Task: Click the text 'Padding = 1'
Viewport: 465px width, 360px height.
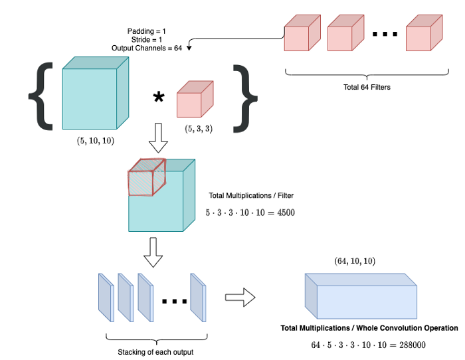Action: click(x=147, y=31)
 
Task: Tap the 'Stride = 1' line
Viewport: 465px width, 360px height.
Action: click(x=147, y=39)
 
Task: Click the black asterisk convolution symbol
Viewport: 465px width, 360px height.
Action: click(x=158, y=98)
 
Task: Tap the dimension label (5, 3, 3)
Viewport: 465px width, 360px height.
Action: click(x=199, y=128)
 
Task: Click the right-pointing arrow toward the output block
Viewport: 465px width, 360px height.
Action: click(x=240, y=297)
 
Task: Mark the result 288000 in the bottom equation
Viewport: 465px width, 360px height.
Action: click(x=407, y=345)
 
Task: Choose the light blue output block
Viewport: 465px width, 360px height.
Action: click(x=361, y=294)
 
